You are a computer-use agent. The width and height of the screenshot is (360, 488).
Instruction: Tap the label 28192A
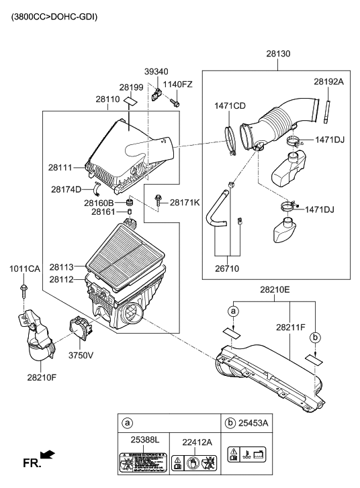328,81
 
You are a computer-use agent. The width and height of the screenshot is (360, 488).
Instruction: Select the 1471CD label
230,105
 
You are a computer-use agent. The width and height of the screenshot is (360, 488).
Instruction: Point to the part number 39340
156,72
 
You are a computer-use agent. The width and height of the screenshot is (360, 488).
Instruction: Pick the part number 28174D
66,189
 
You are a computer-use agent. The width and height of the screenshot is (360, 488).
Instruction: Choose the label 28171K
185,201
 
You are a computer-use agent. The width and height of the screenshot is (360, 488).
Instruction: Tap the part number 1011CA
25,269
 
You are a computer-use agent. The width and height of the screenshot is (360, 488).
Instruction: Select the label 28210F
43,377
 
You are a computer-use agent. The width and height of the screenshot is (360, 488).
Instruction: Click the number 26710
227,269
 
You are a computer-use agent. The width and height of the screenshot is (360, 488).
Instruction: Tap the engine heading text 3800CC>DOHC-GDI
54,14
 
